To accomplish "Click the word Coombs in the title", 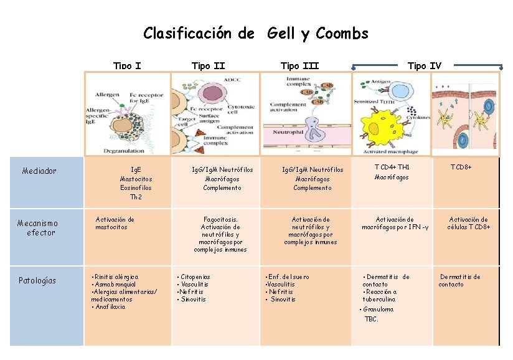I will [342, 33].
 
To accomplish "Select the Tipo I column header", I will [127, 65].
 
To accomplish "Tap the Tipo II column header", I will [208, 65].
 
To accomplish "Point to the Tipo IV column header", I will [425, 65].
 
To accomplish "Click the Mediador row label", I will [39, 171].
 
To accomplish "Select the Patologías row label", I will [37, 280].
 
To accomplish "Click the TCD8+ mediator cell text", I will [461, 167].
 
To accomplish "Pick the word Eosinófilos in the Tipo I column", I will [135, 187].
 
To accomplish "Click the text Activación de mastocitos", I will [115, 223].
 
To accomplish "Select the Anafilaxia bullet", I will [109, 306].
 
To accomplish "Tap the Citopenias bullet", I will [194, 277].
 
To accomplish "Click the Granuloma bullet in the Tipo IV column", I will [378, 309].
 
